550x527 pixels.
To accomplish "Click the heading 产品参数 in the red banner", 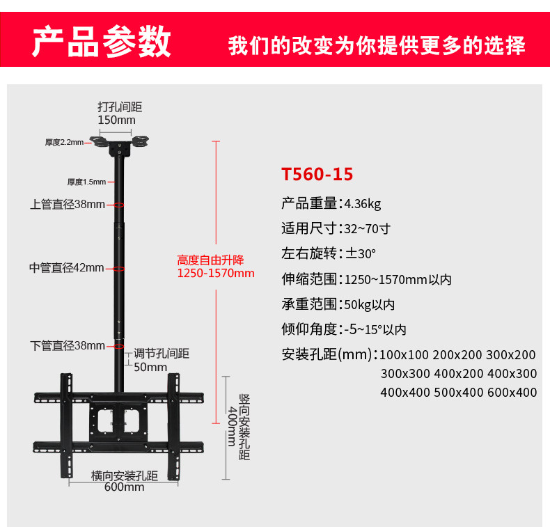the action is [102, 41].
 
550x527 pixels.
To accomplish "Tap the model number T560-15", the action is [317, 174].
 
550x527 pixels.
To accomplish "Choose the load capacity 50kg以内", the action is [370, 304].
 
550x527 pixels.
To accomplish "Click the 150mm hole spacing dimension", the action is [116, 120].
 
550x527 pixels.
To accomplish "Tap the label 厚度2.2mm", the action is [64, 143].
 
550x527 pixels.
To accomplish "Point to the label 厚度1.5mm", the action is [86, 182].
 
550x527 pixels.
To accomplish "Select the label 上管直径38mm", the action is [68, 205].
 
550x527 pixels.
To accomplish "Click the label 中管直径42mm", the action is [67, 268].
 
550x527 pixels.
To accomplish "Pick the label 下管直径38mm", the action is [68, 345].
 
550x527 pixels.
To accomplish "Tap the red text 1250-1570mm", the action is [216, 273].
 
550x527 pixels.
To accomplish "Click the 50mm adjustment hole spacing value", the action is [150, 367].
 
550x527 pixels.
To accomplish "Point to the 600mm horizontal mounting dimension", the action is [125, 487].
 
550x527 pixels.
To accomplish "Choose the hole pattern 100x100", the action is [405, 355].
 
